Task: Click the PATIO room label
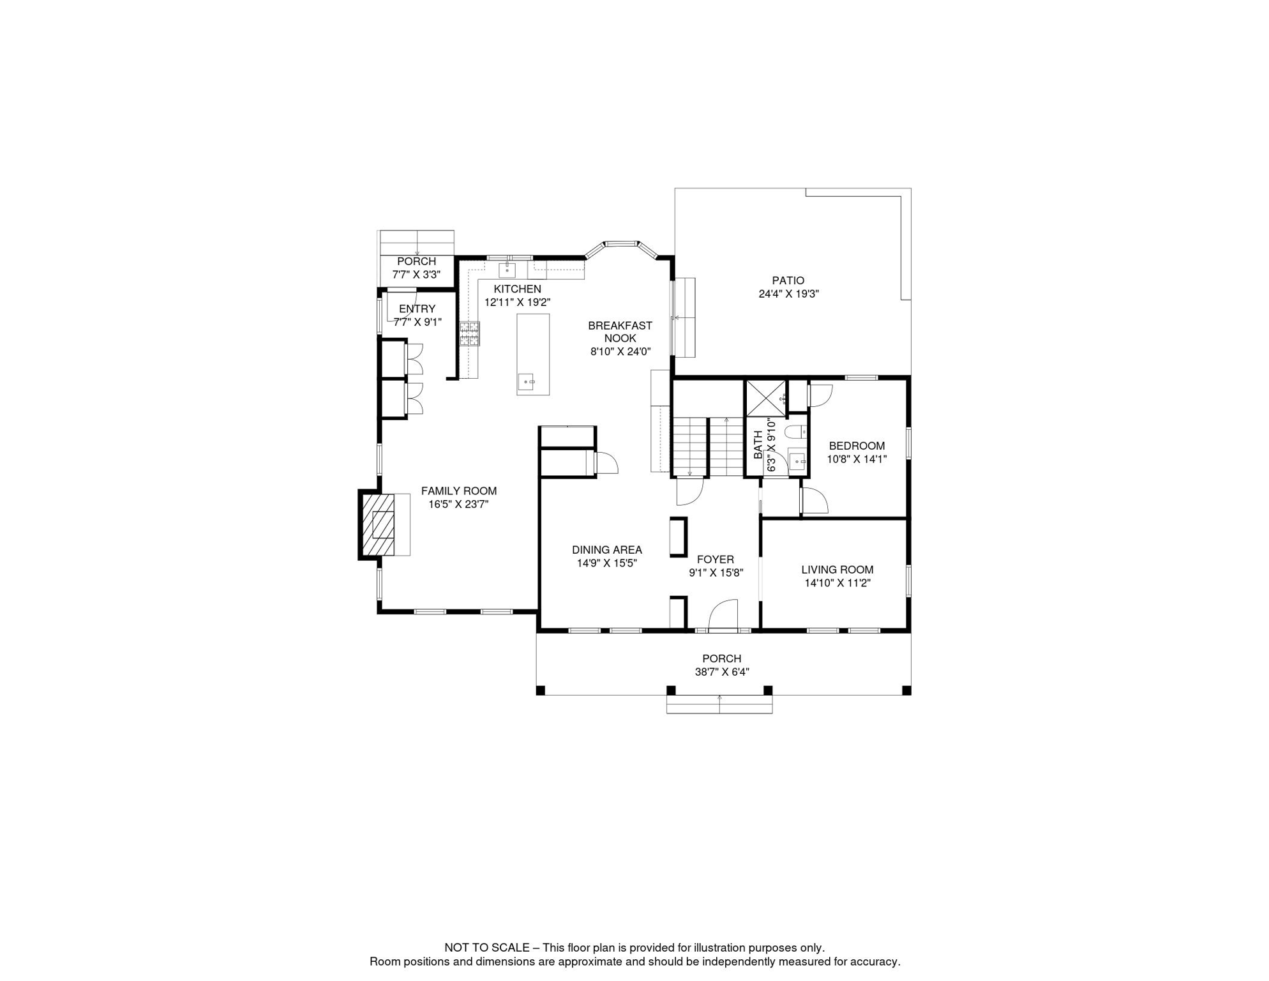pyautogui.click(x=788, y=280)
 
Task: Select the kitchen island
pyautogui.click(x=533, y=354)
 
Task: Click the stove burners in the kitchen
pyautogui.click(x=470, y=334)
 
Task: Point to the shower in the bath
pyautogui.click(x=766, y=398)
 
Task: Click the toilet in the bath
pyautogui.click(x=795, y=432)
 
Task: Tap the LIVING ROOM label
pyautogui.click(x=837, y=570)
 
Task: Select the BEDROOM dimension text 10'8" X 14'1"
pyautogui.click(x=857, y=459)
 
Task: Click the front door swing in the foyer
pyautogui.click(x=723, y=614)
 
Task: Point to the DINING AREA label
pyautogui.click(x=607, y=550)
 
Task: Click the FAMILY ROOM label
pyautogui.click(x=459, y=491)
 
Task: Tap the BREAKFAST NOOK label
pyautogui.click(x=620, y=332)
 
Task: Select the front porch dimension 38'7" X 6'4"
pyautogui.click(x=722, y=672)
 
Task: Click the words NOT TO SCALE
pyautogui.click(x=487, y=948)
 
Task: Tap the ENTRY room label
pyautogui.click(x=417, y=309)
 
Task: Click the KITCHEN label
pyautogui.click(x=517, y=289)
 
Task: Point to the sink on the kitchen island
pyautogui.click(x=527, y=382)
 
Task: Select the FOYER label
pyautogui.click(x=716, y=559)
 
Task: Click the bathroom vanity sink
pyautogui.click(x=797, y=460)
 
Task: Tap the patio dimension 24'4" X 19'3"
pyautogui.click(x=788, y=294)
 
